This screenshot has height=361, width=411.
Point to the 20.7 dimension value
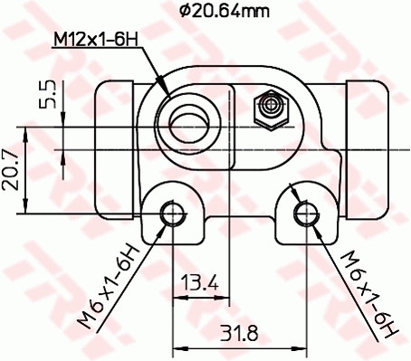[12, 169]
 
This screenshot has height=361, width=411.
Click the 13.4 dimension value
[199, 284]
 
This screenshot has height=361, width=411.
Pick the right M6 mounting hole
[306, 214]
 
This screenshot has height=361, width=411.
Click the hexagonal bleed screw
[269, 109]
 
